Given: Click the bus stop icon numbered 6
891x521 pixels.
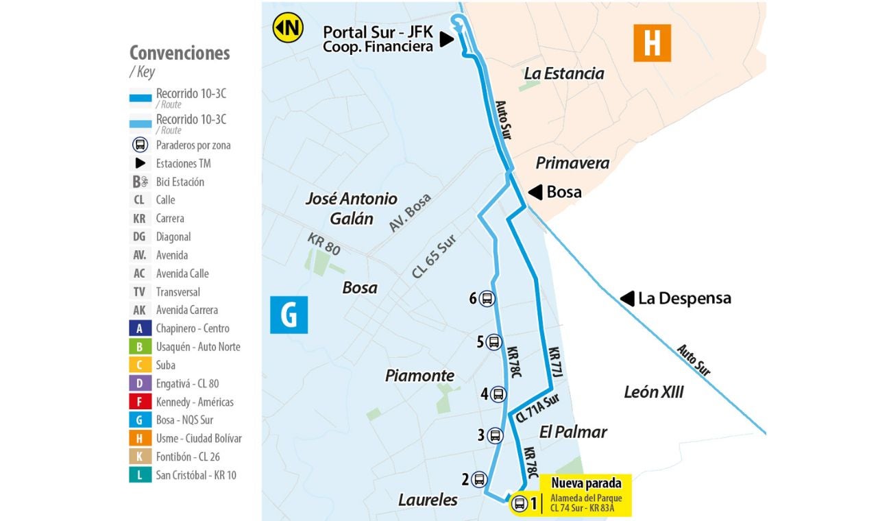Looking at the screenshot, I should (487, 299).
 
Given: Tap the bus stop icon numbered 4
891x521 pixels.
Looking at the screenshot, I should (498, 394).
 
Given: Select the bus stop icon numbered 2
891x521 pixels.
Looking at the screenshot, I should (478, 480).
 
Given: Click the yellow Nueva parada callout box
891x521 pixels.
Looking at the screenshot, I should (586, 496).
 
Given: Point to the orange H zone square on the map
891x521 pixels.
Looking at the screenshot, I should (652, 43).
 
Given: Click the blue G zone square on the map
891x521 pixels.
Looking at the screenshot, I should (289, 315).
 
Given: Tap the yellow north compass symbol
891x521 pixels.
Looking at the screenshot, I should (288, 28).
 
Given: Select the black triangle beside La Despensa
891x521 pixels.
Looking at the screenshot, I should (626, 298).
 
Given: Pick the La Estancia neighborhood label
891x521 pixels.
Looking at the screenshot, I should (563, 73).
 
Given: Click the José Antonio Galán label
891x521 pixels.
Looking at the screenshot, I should (351, 208).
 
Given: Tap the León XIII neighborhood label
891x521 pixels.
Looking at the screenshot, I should (653, 392).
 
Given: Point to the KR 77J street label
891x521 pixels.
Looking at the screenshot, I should (556, 361).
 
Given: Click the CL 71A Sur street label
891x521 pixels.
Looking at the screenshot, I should (538, 408).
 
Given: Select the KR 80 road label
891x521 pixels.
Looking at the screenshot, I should (324, 244).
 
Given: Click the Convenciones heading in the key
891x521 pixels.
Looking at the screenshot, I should (180, 53).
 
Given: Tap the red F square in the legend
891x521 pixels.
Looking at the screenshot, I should (140, 402).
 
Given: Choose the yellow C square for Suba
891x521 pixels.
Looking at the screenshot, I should (140, 365).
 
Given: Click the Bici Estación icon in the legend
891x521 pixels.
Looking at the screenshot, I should (140, 182).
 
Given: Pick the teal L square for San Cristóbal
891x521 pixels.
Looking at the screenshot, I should (140, 475).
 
